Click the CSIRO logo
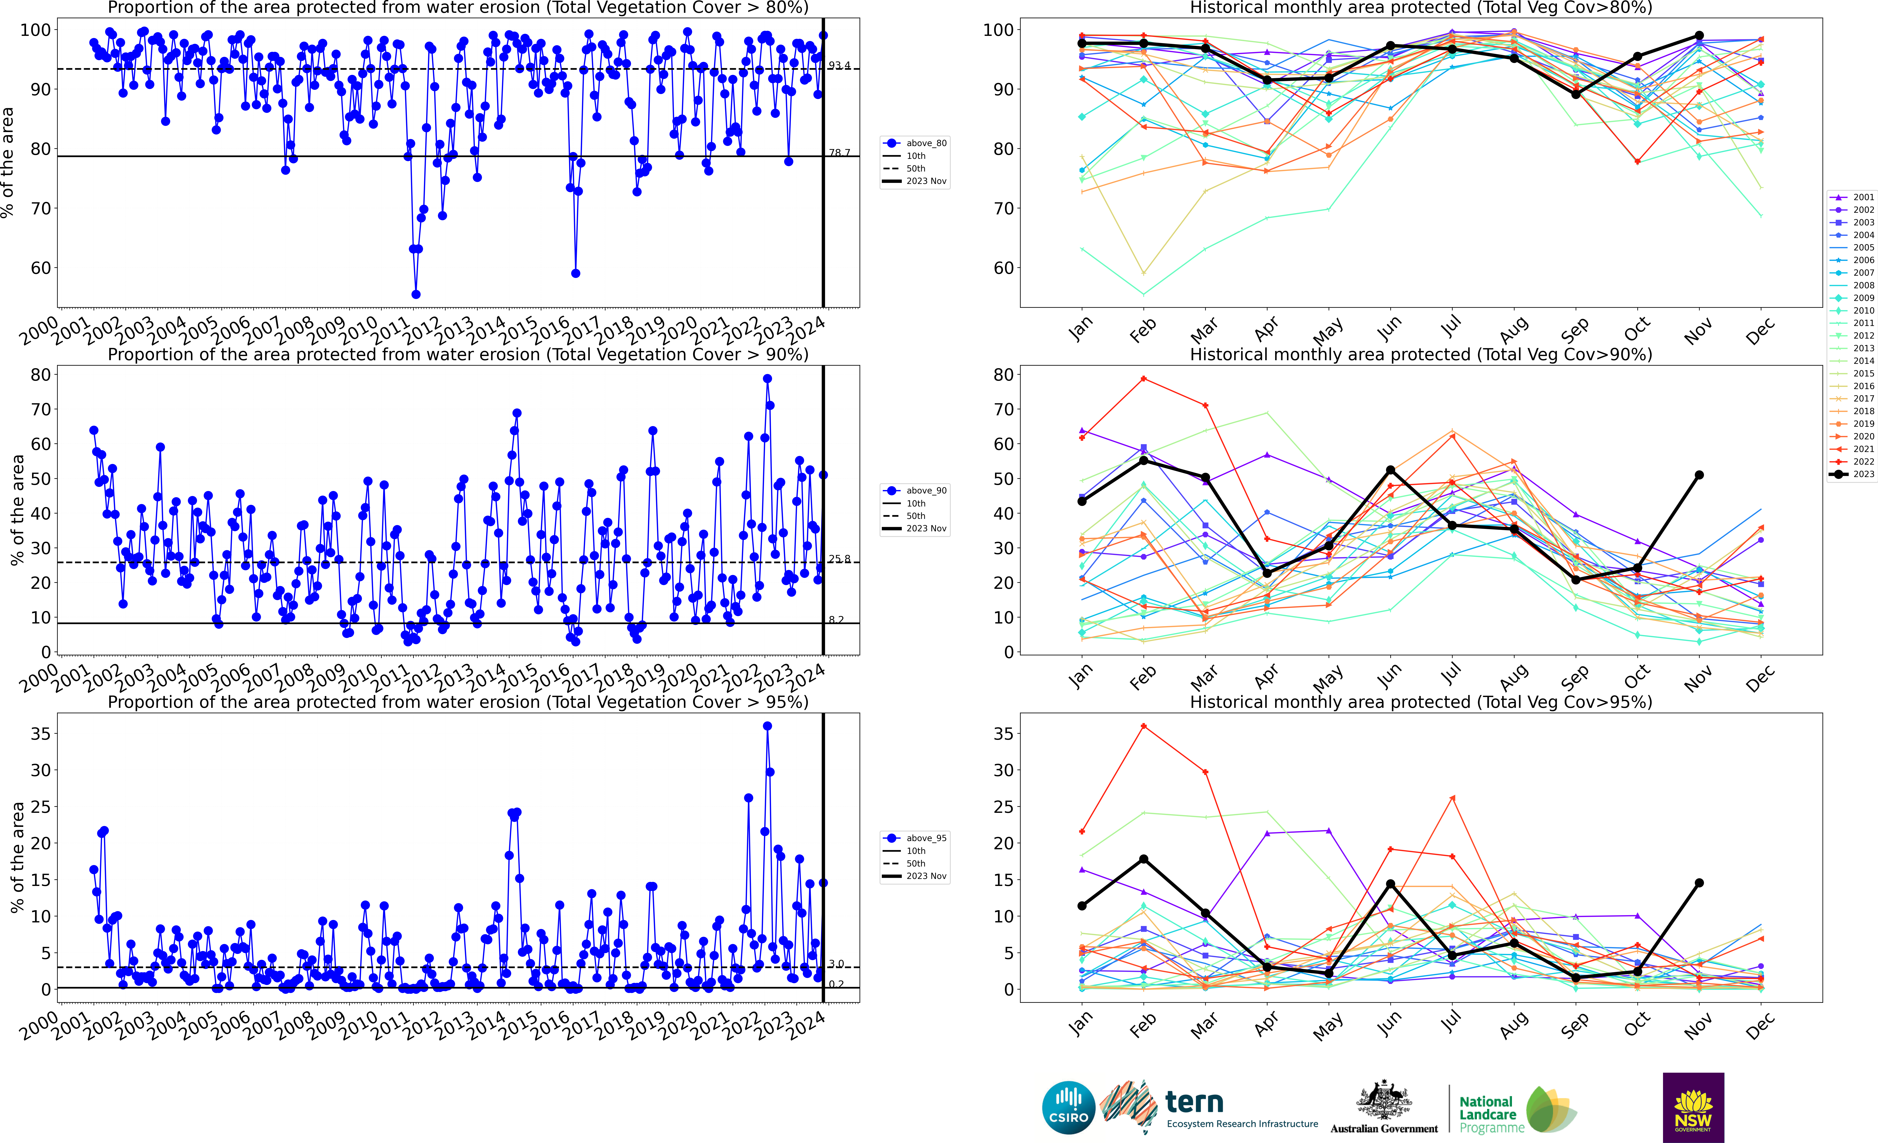pos(1069,1107)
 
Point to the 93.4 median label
pos(839,66)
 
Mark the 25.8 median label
pos(839,559)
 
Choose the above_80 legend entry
pos(915,143)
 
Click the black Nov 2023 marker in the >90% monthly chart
pos(1699,475)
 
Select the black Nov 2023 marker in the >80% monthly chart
pos(1699,36)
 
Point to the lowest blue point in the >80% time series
pos(415,294)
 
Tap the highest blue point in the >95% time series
pos(768,726)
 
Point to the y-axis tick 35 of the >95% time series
pos(40,734)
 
